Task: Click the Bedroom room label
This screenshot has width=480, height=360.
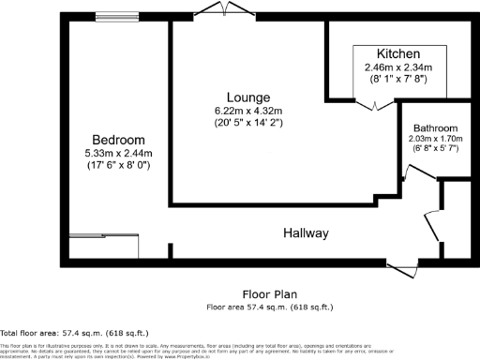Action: [x=117, y=139]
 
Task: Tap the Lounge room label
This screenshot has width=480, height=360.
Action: [x=247, y=97]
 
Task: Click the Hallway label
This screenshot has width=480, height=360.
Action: [x=307, y=232]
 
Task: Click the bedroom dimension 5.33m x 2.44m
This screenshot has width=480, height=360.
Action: [x=117, y=152]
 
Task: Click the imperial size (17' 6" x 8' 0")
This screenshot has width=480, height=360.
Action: [x=117, y=164]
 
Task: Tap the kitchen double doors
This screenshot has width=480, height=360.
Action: [x=373, y=105]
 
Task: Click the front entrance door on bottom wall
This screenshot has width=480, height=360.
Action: [x=406, y=268]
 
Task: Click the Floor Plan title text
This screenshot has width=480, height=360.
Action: [x=268, y=292]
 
